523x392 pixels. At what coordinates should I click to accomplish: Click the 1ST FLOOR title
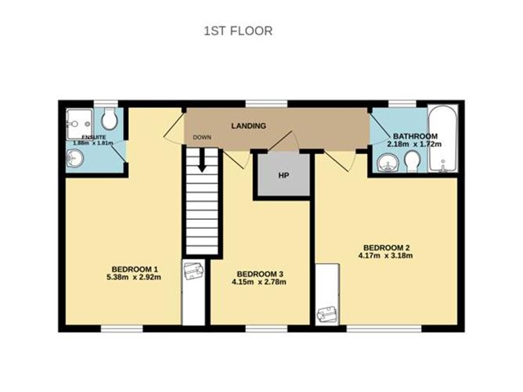pos(237,31)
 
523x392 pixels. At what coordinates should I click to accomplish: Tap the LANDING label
pos(249,125)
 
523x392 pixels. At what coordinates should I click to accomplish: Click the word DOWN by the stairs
pos(202,139)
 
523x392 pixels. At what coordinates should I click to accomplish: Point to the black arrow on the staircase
pos(202,162)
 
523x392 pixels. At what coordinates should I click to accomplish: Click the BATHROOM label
pos(414,135)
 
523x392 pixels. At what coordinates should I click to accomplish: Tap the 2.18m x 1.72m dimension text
pos(414,146)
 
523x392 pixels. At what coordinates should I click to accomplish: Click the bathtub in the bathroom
pos(445,138)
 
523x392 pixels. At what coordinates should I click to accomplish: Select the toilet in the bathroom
pos(413,161)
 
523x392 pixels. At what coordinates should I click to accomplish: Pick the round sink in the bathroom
pos(388,164)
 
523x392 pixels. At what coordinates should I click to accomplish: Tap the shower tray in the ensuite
pos(80,120)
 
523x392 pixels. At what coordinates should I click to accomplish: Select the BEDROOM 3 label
pos(260,273)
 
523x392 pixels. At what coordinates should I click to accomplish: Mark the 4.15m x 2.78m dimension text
pos(260,282)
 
